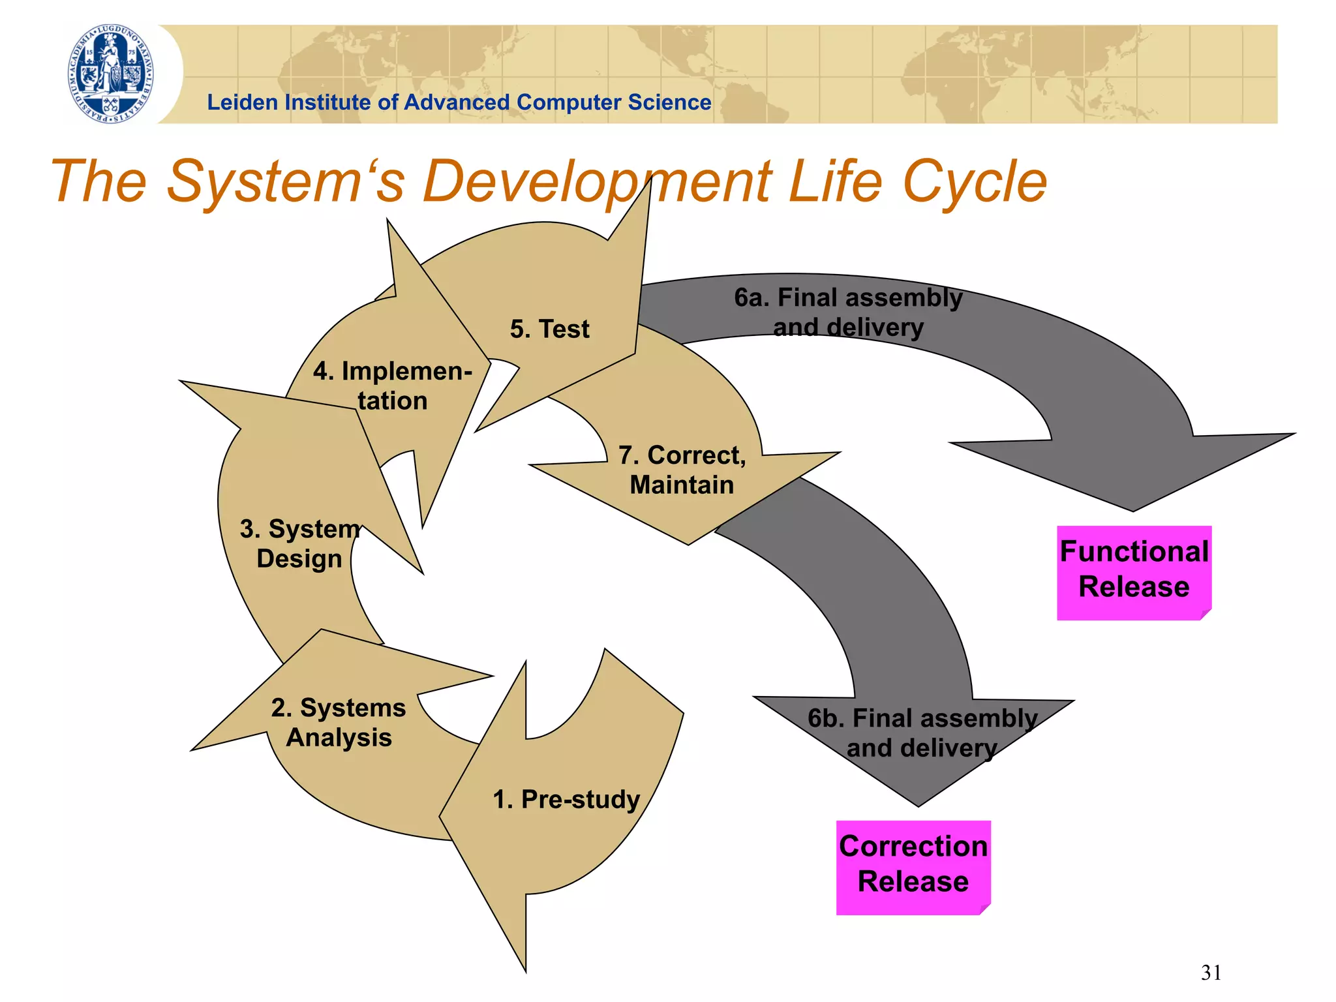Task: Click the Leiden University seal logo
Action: click(112, 74)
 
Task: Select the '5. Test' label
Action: click(549, 329)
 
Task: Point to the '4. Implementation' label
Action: click(392, 386)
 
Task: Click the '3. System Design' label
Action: click(299, 543)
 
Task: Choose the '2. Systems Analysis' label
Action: click(339, 722)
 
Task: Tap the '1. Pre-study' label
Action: click(566, 799)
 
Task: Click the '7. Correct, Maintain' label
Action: click(682, 470)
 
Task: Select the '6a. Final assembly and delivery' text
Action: click(848, 312)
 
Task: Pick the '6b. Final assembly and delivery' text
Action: click(922, 733)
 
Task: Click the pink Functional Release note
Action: click(1134, 569)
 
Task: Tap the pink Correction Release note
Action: click(913, 864)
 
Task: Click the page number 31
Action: click(1211, 973)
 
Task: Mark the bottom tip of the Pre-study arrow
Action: click(525, 971)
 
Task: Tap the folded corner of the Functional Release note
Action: click(1206, 614)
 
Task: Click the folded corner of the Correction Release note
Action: click(985, 909)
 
